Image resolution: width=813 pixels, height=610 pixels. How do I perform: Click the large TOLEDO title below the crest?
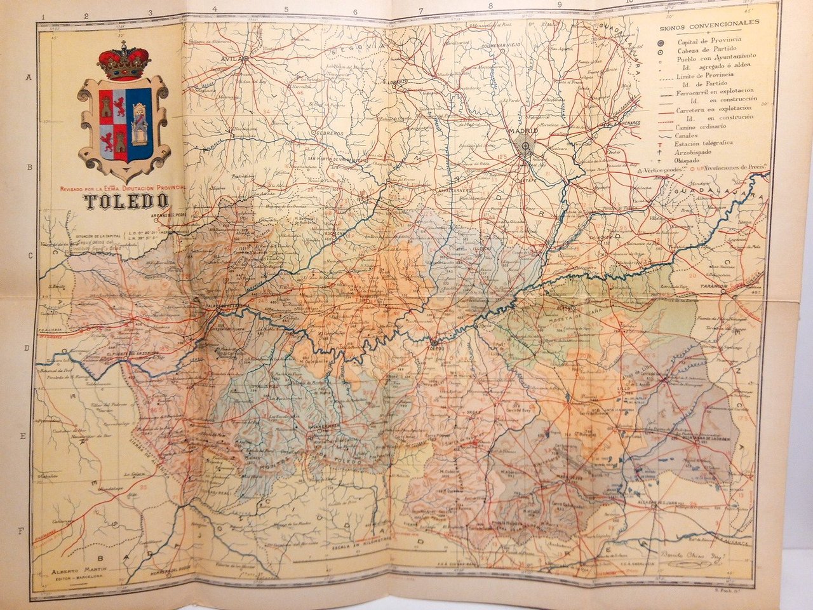point(126,202)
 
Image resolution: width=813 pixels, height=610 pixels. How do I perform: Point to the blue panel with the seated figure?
point(138,123)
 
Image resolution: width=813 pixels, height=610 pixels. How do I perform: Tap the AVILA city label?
point(228,58)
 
